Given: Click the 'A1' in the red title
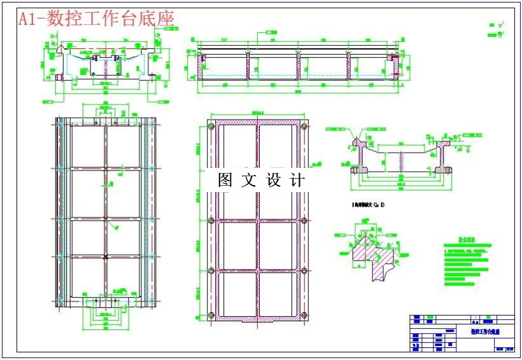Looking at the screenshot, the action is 27,19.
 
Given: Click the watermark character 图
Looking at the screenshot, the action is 226,180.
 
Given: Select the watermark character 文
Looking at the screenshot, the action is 250,180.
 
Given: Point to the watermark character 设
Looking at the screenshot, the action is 274,180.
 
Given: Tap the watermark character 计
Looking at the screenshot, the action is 297,180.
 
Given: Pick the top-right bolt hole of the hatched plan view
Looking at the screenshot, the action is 304,127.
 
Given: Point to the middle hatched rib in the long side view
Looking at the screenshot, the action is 298,66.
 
